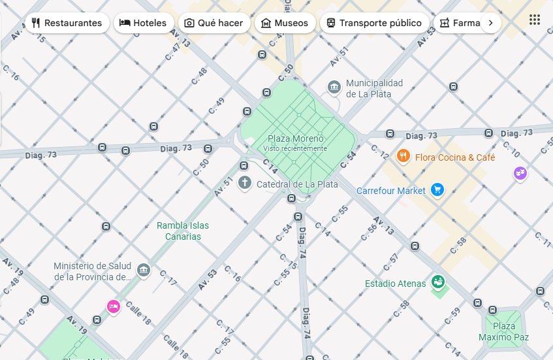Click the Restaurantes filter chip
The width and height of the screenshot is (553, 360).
coord(66,23)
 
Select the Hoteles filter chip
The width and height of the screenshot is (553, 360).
coord(143,23)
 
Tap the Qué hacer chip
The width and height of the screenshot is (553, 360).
coord(213,23)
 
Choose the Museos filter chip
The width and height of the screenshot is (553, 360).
coord(284,23)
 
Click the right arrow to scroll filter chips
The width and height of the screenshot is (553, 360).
coord(490,23)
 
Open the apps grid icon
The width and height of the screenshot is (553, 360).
coord(535,20)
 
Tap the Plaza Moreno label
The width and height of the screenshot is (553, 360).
coord(296,139)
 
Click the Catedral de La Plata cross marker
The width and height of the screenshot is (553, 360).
coord(245,183)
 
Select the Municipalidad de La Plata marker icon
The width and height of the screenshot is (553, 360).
coord(334,88)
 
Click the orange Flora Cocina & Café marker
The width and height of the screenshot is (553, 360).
coord(403,156)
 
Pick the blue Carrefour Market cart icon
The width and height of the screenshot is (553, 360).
coord(437,191)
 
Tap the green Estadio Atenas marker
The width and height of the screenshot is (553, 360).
coord(438,282)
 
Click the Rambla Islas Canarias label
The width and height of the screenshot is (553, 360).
coord(183,231)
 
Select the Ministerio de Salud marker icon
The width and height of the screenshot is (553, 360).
coord(144,269)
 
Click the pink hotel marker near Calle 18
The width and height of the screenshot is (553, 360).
coord(114,306)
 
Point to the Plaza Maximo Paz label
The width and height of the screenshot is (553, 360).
coord(503,331)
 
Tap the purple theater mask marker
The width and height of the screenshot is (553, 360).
coord(520,173)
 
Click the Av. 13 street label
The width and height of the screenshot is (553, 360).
coord(384,225)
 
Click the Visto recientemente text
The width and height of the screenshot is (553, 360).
coord(295,148)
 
